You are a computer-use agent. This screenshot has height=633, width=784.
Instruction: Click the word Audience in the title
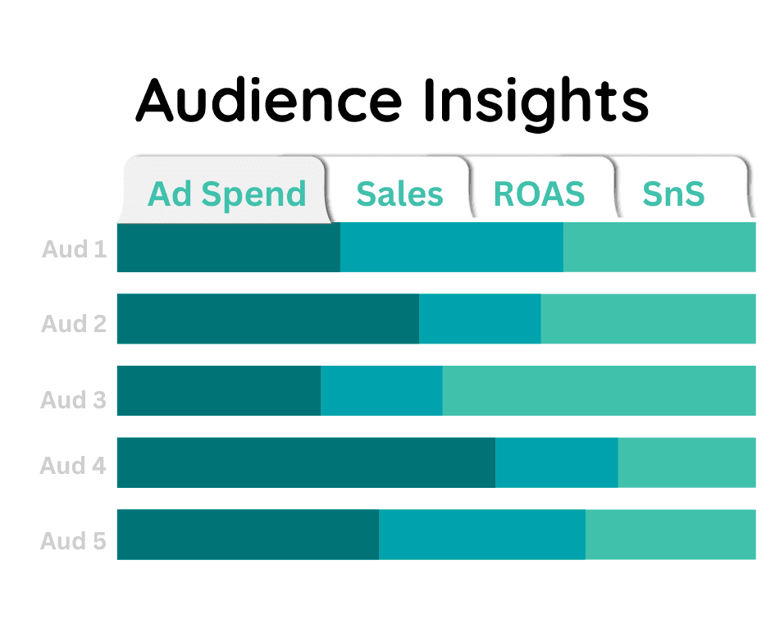point(269,100)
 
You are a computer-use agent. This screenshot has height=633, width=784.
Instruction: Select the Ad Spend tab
point(226,194)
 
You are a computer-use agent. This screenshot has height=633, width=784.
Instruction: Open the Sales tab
point(399,194)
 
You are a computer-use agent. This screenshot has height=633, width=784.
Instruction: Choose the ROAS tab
point(539,194)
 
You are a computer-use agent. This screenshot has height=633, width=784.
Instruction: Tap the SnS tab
point(673,194)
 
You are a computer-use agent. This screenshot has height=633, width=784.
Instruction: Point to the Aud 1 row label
point(75,248)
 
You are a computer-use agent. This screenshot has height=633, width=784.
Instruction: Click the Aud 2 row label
point(75,324)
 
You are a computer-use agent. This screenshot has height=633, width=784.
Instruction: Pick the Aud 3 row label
point(75,400)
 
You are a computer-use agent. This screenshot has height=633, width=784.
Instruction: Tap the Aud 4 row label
point(75,466)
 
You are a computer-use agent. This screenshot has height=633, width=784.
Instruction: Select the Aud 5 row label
point(75,541)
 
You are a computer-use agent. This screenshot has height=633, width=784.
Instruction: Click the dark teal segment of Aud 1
point(229,247)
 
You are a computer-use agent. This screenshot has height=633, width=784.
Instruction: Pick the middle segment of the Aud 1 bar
point(452,247)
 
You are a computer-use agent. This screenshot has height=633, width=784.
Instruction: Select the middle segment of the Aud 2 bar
point(480,319)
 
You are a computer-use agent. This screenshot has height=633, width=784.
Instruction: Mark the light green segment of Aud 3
point(599,390)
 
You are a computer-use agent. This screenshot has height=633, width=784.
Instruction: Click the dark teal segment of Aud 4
point(306,462)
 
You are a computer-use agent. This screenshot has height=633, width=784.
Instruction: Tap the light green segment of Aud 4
point(686,462)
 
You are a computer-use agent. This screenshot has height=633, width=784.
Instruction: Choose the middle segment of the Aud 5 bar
point(482,535)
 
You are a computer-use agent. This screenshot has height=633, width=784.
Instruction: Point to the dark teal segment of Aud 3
point(219,390)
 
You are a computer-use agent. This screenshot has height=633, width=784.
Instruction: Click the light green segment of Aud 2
point(648,319)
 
